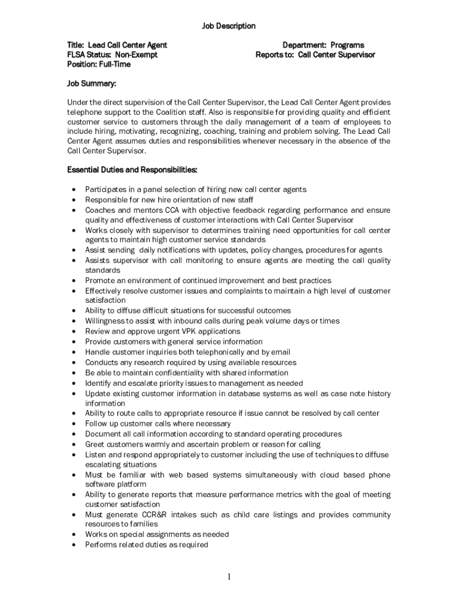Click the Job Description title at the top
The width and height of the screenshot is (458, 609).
(228, 26)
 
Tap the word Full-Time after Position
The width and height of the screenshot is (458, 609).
(115, 64)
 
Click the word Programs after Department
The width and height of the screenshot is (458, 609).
(347, 45)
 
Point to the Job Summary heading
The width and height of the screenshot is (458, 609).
(91, 83)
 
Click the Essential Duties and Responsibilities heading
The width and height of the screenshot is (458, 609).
(131, 170)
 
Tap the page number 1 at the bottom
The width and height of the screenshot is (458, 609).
(229, 576)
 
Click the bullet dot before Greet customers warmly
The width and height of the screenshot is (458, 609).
(73, 445)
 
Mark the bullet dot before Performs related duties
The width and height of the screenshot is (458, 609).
(73, 545)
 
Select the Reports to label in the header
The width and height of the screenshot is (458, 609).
(275, 55)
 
